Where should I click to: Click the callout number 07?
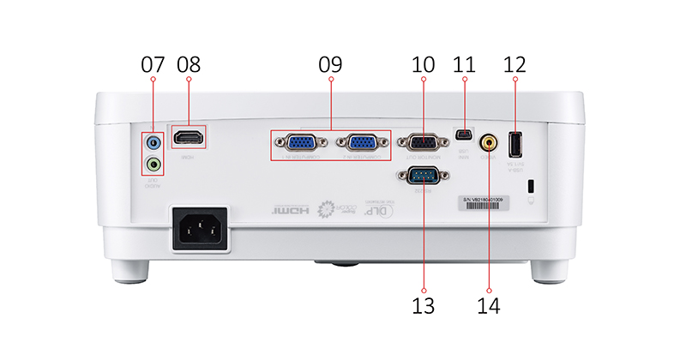tap(153, 63)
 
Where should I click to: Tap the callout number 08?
tap(189, 63)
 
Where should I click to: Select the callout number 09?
tap(330, 63)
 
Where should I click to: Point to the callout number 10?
tap(424, 63)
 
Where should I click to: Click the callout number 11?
tap(464, 63)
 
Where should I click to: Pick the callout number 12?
tap(514, 63)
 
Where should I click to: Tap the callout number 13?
tap(424, 303)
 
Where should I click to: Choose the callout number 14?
tap(490, 303)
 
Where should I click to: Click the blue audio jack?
tap(153, 141)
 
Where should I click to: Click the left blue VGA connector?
tap(298, 143)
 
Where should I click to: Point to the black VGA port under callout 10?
tap(424, 143)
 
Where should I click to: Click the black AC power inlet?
tap(202, 229)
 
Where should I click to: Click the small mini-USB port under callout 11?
tap(464, 135)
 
